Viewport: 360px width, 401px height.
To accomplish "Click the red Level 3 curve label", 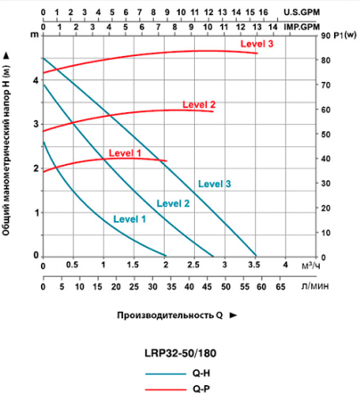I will tap(257, 44).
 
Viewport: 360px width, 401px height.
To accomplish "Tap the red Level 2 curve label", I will tap(200, 104).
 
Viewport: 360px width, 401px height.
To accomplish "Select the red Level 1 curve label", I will tap(125, 153).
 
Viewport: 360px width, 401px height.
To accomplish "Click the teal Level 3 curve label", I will tap(215, 184).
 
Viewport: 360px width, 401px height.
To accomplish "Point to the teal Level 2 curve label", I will tap(174, 203).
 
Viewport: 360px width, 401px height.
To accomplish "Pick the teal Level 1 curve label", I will tap(129, 219).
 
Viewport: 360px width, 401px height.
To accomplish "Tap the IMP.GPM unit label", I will tap(336, 27).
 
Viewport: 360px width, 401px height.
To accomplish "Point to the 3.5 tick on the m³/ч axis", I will tap(255, 266).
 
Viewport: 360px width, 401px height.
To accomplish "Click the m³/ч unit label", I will tap(311, 266).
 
